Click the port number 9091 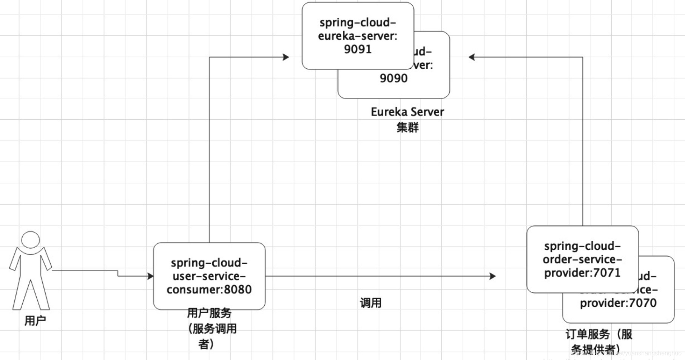click(x=358, y=49)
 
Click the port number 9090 click(x=393, y=78)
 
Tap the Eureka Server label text click(x=407, y=112)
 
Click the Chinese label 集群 click(x=407, y=128)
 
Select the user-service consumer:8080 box click(x=209, y=276)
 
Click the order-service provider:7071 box click(x=582, y=259)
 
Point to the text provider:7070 click(x=618, y=303)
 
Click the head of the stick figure click(x=31, y=240)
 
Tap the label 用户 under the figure click(x=35, y=321)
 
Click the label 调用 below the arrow click(x=370, y=303)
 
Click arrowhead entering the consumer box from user click(x=151, y=276)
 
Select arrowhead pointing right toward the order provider click(x=492, y=276)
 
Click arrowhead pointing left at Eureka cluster click(x=472, y=57)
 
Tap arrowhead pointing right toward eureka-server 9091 click(x=286, y=57)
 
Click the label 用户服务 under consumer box click(x=209, y=313)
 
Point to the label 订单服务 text click(x=587, y=334)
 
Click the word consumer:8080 click(x=209, y=289)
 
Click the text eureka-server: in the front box click(x=358, y=36)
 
